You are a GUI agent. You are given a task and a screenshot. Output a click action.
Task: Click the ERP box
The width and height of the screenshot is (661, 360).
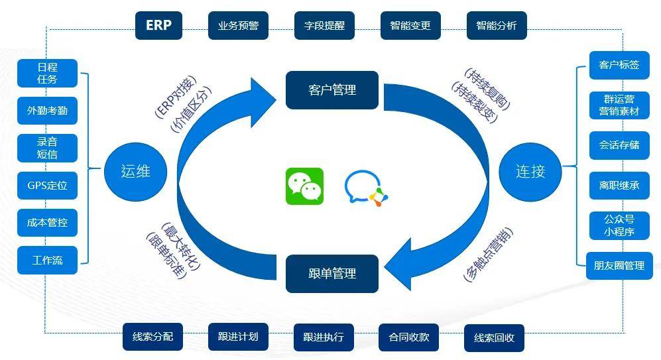pos(158,25)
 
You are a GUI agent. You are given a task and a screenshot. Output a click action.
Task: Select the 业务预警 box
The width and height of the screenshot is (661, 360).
pos(238,26)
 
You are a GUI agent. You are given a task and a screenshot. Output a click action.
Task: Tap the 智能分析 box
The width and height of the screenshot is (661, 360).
pos(497,26)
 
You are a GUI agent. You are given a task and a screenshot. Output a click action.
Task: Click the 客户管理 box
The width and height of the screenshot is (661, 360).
pos(332,90)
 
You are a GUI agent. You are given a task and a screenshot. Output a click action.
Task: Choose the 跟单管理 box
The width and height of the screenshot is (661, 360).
pos(332,273)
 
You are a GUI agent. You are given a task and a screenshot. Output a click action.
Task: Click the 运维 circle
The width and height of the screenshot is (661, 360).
pos(136,171)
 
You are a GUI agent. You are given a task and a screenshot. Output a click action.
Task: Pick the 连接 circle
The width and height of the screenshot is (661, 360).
pos(530,171)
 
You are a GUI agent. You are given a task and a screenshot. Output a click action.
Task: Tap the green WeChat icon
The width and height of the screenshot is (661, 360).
pos(304,186)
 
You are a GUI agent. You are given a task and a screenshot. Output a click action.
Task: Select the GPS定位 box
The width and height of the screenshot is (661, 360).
pos(47,186)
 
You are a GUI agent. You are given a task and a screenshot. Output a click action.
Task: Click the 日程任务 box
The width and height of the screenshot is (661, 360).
pos(47,73)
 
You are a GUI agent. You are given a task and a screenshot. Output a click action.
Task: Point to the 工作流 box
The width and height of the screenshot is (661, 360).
pos(47,260)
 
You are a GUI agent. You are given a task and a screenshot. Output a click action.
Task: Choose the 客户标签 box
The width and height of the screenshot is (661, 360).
pos(619,65)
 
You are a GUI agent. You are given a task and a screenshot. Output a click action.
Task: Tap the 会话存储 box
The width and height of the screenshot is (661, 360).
pos(619,145)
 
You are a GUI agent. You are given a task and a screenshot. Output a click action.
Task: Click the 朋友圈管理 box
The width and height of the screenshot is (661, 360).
pos(619,265)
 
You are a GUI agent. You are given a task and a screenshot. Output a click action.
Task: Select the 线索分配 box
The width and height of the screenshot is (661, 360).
pos(152,337)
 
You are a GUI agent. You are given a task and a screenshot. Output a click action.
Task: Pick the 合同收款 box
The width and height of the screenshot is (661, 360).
pos(409,337)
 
